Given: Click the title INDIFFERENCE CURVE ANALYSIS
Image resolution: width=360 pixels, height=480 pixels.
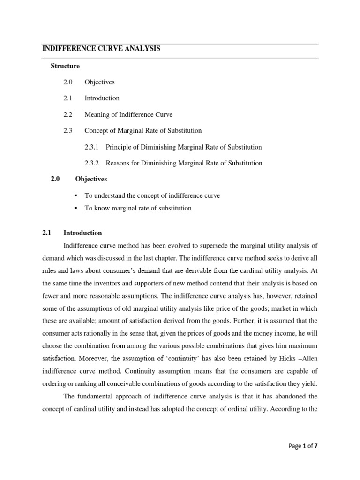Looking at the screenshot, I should (101, 49).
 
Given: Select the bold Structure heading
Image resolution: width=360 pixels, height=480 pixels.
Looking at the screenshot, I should (65, 66).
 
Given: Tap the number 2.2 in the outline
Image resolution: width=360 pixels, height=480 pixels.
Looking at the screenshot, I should (68, 114).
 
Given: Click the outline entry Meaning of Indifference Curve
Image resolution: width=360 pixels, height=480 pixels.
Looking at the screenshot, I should (128, 114).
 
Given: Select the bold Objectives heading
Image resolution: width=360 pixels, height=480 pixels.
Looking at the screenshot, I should (91, 179).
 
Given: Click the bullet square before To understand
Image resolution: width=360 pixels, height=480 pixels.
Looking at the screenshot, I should (75, 195).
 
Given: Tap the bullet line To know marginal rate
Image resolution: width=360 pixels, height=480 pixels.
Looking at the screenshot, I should (138, 208).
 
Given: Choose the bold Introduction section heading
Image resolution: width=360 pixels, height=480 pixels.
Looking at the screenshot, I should (82, 232).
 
